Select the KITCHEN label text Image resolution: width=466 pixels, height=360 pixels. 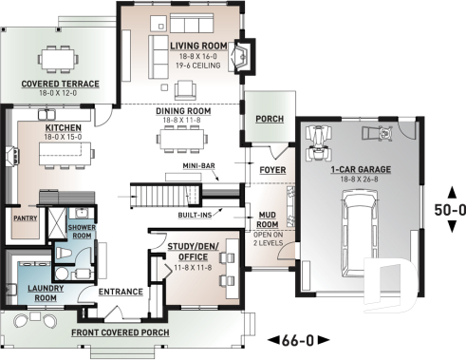[62, 126]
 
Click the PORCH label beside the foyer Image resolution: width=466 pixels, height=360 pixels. [270, 119]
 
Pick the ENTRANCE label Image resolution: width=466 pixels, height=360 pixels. [121, 292]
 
